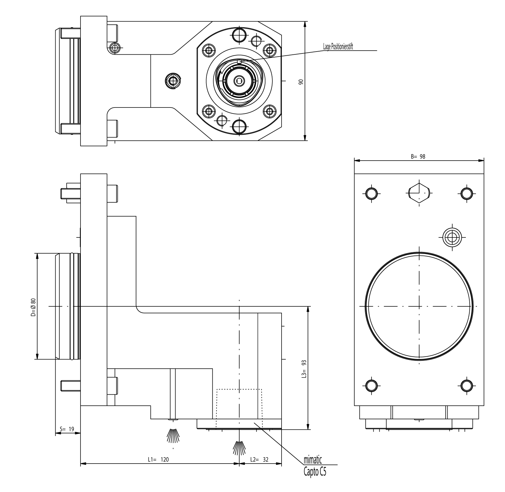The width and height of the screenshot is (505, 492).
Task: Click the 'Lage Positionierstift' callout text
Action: pos(338,47)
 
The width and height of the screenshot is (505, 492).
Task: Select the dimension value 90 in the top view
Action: pos(301,82)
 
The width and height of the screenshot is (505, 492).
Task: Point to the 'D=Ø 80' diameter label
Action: pos(33,307)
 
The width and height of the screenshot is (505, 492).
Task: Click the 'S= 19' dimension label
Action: pos(67,429)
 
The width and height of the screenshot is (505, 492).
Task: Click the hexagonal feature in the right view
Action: pos(419,193)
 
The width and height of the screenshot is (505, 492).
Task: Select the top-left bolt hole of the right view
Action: pos(371,193)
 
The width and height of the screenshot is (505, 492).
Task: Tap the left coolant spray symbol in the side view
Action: pos(173,436)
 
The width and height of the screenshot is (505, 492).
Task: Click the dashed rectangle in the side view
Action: pos(239,408)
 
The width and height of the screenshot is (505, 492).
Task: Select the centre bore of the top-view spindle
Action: pos(239,81)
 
